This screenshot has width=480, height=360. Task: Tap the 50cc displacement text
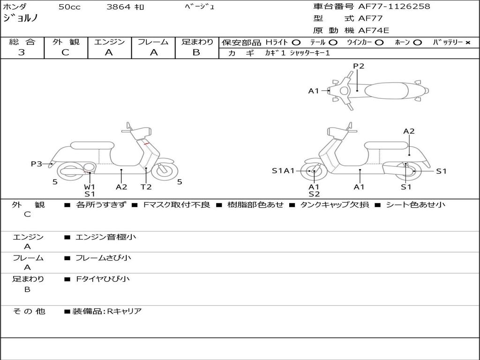tap(68, 7)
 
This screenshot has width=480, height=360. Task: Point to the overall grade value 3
tap(22, 52)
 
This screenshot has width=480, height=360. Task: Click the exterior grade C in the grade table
tap(65, 52)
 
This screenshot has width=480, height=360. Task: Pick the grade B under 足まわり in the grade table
tap(196, 52)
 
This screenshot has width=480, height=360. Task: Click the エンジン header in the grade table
tap(109, 42)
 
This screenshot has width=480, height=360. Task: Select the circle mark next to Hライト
tap(296, 43)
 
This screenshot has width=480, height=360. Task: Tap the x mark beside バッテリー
tap(467, 43)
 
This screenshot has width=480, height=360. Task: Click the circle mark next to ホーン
tap(417, 43)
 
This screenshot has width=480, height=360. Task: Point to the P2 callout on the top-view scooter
tap(359, 66)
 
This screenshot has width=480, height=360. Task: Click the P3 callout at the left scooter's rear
tap(37, 164)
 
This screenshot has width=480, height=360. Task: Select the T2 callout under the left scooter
tap(146, 187)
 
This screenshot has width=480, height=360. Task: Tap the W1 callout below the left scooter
tap(90, 187)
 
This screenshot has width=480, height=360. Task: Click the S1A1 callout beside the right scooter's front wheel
tap(283, 171)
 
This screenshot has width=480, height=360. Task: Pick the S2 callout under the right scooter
tap(314, 194)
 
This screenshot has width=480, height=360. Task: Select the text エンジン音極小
tap(106, 237)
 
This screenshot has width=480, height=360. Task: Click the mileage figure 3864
tap(119, 7)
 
